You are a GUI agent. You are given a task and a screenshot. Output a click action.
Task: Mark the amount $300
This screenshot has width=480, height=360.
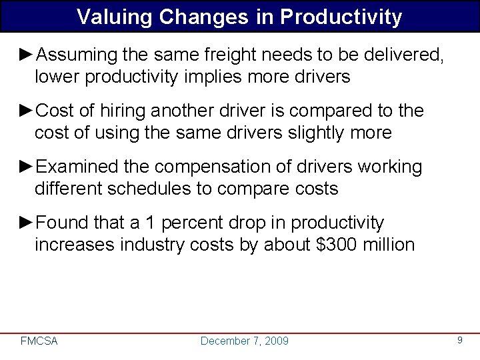(331, 245)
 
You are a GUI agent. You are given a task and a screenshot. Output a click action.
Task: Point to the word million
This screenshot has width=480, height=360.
(389, 245)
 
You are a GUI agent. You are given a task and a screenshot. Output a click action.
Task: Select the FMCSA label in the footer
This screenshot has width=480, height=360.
(39, 341)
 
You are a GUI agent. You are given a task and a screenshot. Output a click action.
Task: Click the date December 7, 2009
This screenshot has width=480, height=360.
(245, 341)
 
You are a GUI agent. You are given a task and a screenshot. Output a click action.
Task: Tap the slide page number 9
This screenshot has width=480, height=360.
(459, 341)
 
